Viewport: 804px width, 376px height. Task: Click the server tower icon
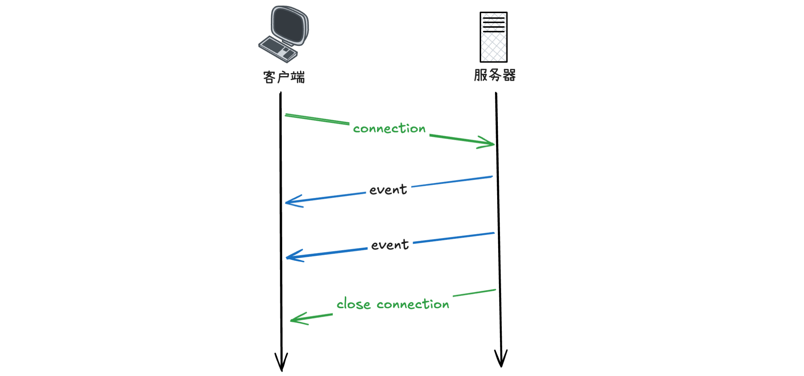pos(493,37)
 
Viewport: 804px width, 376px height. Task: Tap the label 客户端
pos(284,77)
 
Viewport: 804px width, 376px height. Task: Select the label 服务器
pos(495,75)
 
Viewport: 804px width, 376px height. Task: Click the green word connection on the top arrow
pos(389,128)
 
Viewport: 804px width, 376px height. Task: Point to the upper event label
pos(388,189)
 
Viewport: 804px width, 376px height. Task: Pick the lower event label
pos(390,244)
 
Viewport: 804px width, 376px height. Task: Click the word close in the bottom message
pos(353,303)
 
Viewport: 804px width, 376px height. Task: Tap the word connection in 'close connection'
pos(413,304)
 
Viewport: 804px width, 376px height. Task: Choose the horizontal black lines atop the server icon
pos(493,24)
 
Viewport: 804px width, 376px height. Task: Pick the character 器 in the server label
pos(509,75)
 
